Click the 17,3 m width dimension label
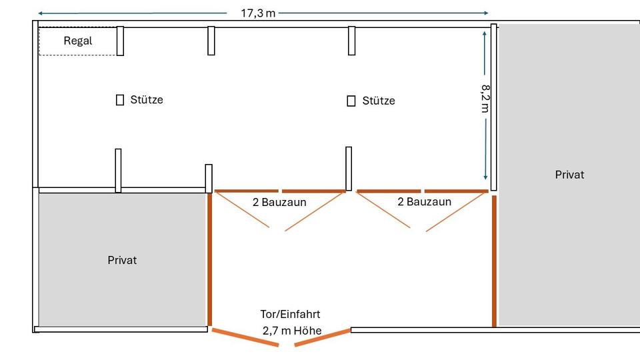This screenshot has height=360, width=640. click(258, 13)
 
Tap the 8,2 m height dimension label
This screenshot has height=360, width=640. click(485, 99)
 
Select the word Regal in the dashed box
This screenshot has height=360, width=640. click(78, 41)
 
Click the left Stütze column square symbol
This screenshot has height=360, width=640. click(119, 100)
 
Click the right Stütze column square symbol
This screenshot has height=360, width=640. click(351, 101)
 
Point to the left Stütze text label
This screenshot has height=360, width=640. click(147, 99)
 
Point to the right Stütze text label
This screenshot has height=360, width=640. click(379, 101)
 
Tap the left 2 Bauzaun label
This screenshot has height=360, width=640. click(279, 202)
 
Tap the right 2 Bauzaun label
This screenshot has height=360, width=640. click(425, 201)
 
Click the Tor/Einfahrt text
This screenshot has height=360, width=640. click(290, 314)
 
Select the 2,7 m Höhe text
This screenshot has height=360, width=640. click(292, 331)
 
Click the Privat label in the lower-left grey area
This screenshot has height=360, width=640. click(122, 261)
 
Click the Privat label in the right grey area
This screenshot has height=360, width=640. click(569, 175)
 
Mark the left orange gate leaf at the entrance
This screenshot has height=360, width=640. click(245, 337)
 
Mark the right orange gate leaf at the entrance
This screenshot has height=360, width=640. click(323, 337)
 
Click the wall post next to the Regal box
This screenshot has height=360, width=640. click(120, 41)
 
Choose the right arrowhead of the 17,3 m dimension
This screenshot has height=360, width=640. click(486, 13)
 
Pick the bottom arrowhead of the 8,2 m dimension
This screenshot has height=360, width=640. click(485, 177)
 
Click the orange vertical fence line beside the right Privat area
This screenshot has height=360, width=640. click(494, 261)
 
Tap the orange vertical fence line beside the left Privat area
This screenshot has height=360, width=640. click(210, 259)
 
